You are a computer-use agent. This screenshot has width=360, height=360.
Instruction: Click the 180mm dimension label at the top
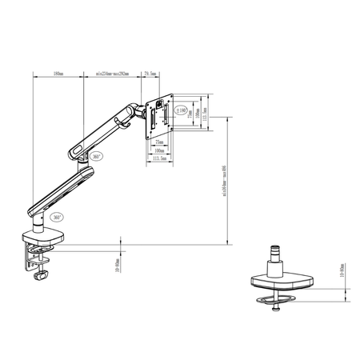(58, 73)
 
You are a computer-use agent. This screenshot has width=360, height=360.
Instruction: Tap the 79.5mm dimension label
(149, 73)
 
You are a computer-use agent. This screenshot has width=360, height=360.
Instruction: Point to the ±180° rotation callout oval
(182, 110)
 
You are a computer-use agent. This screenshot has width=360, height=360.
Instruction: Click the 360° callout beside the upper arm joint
(97, 157)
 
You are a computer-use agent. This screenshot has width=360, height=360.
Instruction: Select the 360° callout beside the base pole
(56, 217)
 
